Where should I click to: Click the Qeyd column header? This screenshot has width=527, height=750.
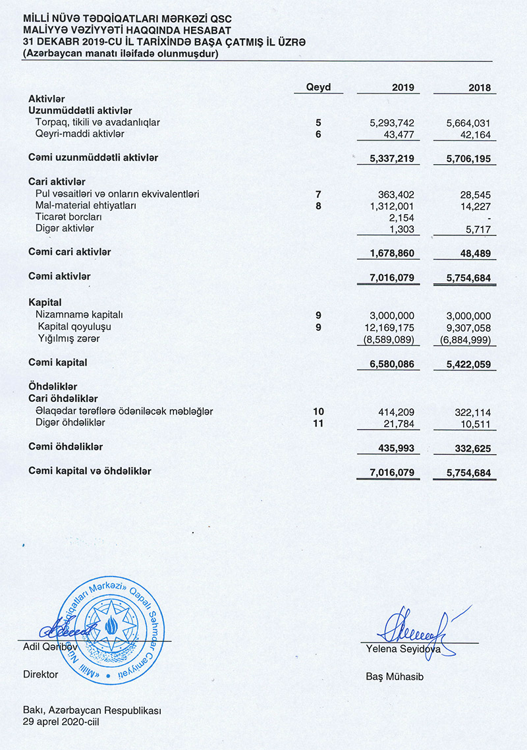coord(319,87)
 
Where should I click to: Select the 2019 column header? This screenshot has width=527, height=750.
coord(402,88)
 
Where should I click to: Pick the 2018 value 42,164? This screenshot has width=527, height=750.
coord(474,134)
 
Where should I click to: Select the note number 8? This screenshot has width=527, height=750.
coord(319,206)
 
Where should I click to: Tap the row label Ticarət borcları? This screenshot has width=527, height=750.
coord(69,217)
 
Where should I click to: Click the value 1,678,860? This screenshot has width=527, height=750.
coord(392,252)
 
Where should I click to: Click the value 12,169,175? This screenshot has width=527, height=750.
coord(389,327)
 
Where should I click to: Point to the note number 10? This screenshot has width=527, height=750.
coord(319,411)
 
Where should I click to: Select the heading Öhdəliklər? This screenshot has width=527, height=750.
coord(53,386)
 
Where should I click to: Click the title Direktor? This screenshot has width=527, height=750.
coord(41,674)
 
